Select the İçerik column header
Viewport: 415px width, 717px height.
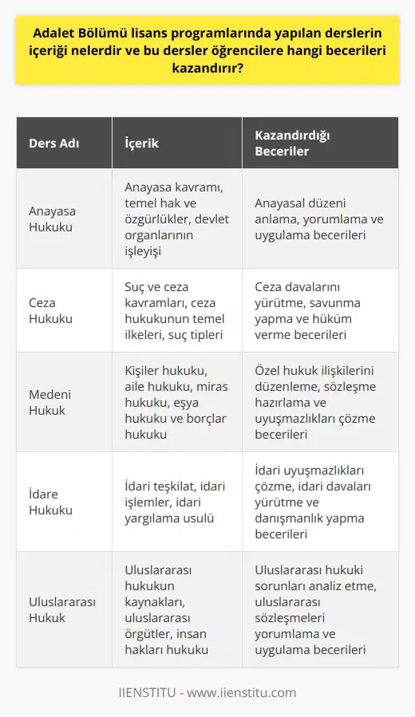[143, 144]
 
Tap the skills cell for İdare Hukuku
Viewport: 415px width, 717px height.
[319, 502]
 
